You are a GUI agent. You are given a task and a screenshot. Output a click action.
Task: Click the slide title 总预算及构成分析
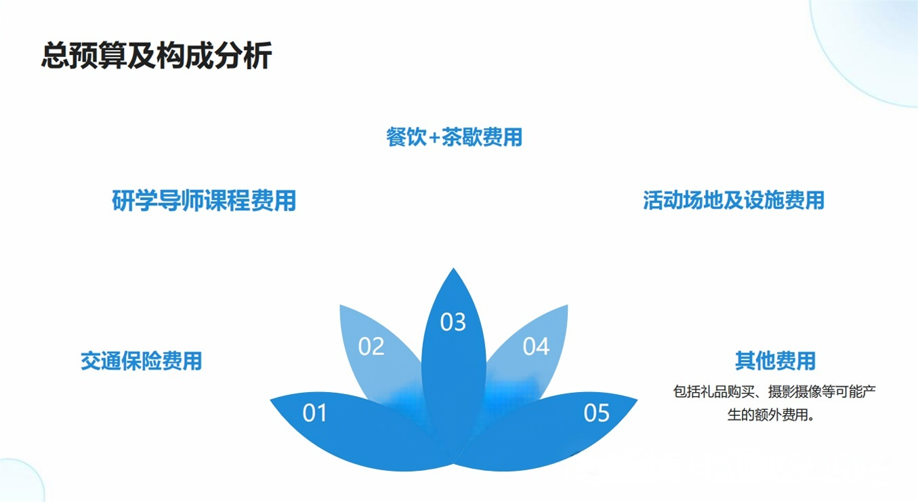[157, 56]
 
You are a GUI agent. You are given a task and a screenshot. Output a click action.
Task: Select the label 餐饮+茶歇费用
[454, 138]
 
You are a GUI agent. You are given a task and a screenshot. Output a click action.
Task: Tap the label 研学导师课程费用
[204, 201]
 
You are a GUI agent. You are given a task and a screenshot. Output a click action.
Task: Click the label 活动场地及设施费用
[734, 201]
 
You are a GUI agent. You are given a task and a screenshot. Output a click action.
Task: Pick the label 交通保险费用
[141, 361]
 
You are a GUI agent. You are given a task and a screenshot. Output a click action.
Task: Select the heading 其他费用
[775, 361]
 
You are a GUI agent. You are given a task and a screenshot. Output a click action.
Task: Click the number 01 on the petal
[314, 412]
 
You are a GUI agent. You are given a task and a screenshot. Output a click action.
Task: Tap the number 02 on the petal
[371, 347]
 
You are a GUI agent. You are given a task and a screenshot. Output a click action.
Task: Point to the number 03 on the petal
[453, 322]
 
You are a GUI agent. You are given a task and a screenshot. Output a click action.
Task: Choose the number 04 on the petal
[536, 347]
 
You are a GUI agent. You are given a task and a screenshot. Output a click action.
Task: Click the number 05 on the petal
[596, 412]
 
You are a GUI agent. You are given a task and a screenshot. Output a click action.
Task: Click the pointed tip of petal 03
[453, 269]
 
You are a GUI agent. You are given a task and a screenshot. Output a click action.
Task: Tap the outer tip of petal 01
[272, 399]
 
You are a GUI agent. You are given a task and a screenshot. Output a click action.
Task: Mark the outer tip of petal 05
[636, 399]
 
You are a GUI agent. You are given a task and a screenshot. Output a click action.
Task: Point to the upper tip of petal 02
[341, 306]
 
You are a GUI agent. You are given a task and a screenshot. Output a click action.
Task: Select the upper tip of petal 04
[567, 306]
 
